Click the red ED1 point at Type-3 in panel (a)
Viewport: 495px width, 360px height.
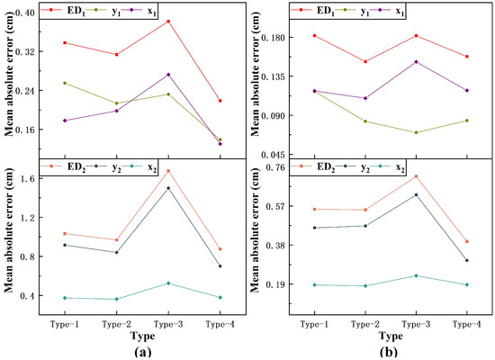(x=168, y=21)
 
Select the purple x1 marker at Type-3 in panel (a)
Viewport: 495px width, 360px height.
(x=168, y=75)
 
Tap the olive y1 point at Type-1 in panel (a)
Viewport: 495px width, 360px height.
(x=65, y=83)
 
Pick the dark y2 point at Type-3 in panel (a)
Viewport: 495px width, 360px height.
(x=168, y=188)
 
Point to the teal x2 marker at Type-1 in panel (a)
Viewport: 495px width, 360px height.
(x=65, y=298)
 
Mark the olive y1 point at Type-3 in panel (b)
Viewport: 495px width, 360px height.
(x=416, y=132)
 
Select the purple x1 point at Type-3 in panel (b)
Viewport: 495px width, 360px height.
(x=416, y=61)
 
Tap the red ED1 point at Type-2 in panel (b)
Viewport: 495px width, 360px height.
(x=364, y=61)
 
